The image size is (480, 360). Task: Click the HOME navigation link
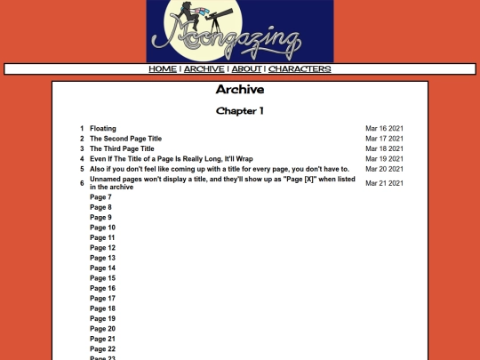[x=163, y=68]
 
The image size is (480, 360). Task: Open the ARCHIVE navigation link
[x=204, y=68]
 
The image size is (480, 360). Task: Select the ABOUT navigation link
[x=246, y=68]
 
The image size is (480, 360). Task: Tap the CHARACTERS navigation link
[x=300, y=68]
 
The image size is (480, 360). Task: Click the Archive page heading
[x=240, y=90]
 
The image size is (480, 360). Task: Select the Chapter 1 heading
[x=240, y=111]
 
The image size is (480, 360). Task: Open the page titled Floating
[x=103, y=129]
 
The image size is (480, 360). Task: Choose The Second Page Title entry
[x=126, y=139]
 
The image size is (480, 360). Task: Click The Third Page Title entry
[x=122, y=148]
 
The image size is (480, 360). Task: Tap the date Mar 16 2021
[x=385, y=129]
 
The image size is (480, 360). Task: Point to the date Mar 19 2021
[x=385, y=159]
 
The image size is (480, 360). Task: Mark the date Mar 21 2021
[x=385, y=183]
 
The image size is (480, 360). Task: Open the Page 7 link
[x=101, y=196]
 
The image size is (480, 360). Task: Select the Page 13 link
[x=103, y=258]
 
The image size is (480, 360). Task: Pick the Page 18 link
[x=103, y=308]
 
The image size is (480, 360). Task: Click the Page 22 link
[x=103, y=348]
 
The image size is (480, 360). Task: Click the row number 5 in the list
[x=82, y=169]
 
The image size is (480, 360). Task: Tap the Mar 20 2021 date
[x=385, y=169]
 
